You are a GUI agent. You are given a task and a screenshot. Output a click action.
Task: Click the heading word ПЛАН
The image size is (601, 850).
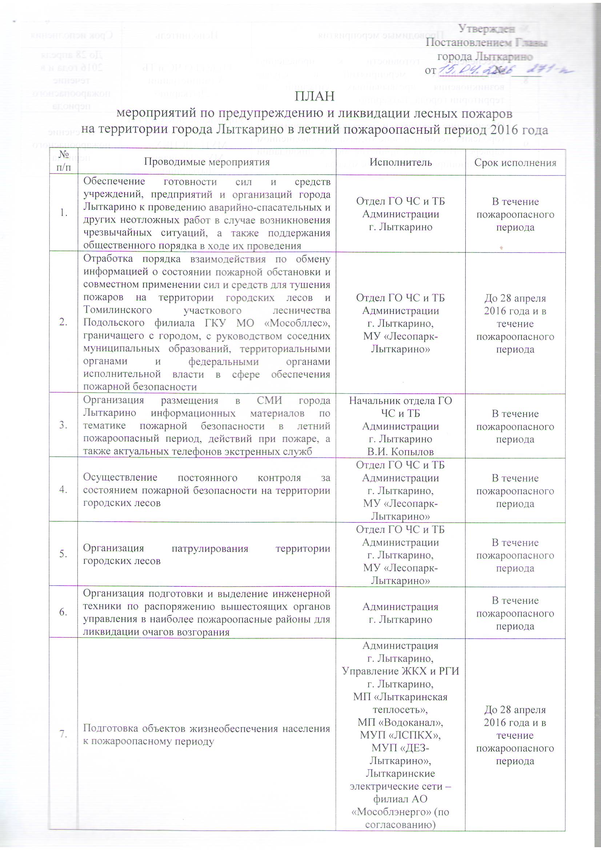click(314, 96)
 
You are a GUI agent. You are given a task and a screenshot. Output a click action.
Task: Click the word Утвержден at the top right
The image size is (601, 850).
click(486, 28)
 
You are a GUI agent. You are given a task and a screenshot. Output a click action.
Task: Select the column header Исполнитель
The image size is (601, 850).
click(400, 162)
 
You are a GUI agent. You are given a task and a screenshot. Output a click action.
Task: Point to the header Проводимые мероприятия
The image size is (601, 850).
click(207, 162)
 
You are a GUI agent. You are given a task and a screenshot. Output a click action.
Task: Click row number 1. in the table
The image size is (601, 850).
click(63, 212)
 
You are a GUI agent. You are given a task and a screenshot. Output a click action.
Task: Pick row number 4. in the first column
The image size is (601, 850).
click(63, 489)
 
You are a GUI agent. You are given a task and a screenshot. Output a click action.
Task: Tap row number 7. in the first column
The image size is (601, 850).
click(63, 734)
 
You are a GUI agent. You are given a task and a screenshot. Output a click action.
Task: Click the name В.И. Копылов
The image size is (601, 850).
click(400, 452)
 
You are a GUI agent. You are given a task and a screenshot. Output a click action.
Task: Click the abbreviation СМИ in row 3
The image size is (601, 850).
click(269, 401)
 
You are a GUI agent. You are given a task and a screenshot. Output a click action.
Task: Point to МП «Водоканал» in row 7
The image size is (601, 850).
click(400, 722)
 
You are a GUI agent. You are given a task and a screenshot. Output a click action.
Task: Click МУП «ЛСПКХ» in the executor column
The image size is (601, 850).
click(400, 734)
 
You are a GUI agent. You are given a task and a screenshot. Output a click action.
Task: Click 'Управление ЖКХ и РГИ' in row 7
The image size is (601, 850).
click(400, 671)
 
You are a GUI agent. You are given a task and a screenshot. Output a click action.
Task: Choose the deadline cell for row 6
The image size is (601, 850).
click(515, 613)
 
